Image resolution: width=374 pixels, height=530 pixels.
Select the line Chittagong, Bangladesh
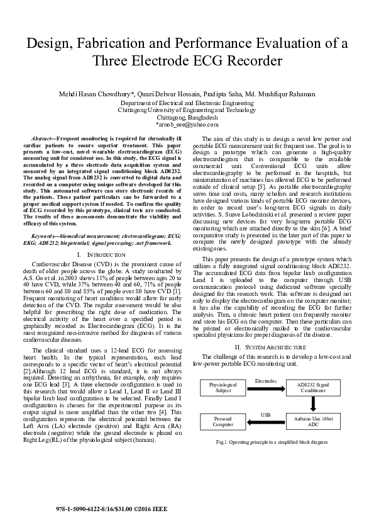pyautogui.click(x=187, y=117)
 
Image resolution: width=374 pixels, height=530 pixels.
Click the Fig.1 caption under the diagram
pyautogui.click(x=272, y=443)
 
